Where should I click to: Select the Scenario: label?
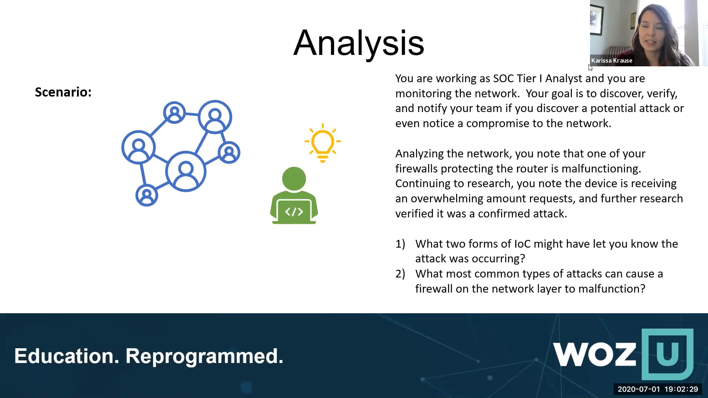click(63, 92)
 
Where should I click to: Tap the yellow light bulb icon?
click(323, 143)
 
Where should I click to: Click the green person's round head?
click(294, 179)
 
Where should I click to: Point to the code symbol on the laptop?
click(294, 212)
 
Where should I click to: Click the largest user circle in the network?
click(185, 171)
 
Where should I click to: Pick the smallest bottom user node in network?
click(147, 195)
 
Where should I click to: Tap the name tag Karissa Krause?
click(612, 60)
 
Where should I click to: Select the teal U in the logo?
click(667, 354)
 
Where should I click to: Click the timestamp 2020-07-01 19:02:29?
click(658, 389)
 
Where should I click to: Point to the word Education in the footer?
click(67, 356)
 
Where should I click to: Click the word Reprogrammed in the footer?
click(204, 356)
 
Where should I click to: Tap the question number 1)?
click(400, 244)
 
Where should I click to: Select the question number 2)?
click(400, 274)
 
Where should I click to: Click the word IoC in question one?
click(523, 244)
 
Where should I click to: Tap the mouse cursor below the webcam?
click(590, 68)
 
